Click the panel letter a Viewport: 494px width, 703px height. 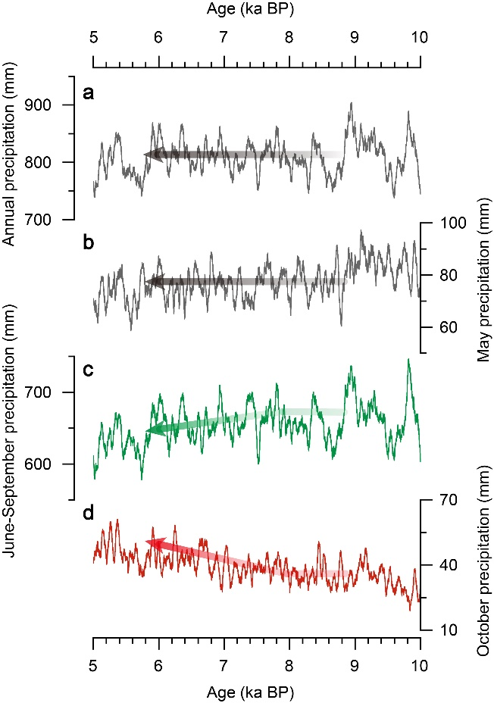[89, 95]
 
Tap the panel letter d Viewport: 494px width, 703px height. [89, 519]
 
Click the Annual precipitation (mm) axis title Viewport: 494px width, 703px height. [10, 161]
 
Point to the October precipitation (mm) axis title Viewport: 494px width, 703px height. [483, 564]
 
